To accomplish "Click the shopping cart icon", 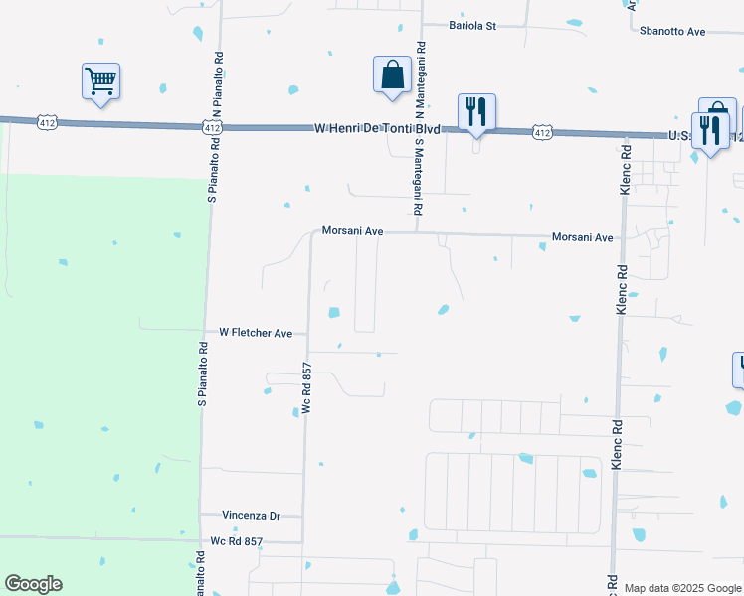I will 101,81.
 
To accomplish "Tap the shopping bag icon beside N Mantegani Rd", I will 393,74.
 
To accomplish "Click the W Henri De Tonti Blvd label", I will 376,129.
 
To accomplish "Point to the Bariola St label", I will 472,25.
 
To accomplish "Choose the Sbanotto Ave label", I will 673,32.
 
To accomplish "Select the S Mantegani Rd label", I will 419,177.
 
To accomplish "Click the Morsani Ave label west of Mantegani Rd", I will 352,231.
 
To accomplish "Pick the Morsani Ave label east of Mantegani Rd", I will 582,238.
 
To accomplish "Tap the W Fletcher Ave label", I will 256,333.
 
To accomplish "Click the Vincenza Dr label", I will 252,516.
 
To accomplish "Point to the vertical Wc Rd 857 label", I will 307,387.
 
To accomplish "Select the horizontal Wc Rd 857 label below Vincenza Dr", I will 237,541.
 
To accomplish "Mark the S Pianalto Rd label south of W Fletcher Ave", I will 202,374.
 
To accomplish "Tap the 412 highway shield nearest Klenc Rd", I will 541,131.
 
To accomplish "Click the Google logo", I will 33,584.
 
